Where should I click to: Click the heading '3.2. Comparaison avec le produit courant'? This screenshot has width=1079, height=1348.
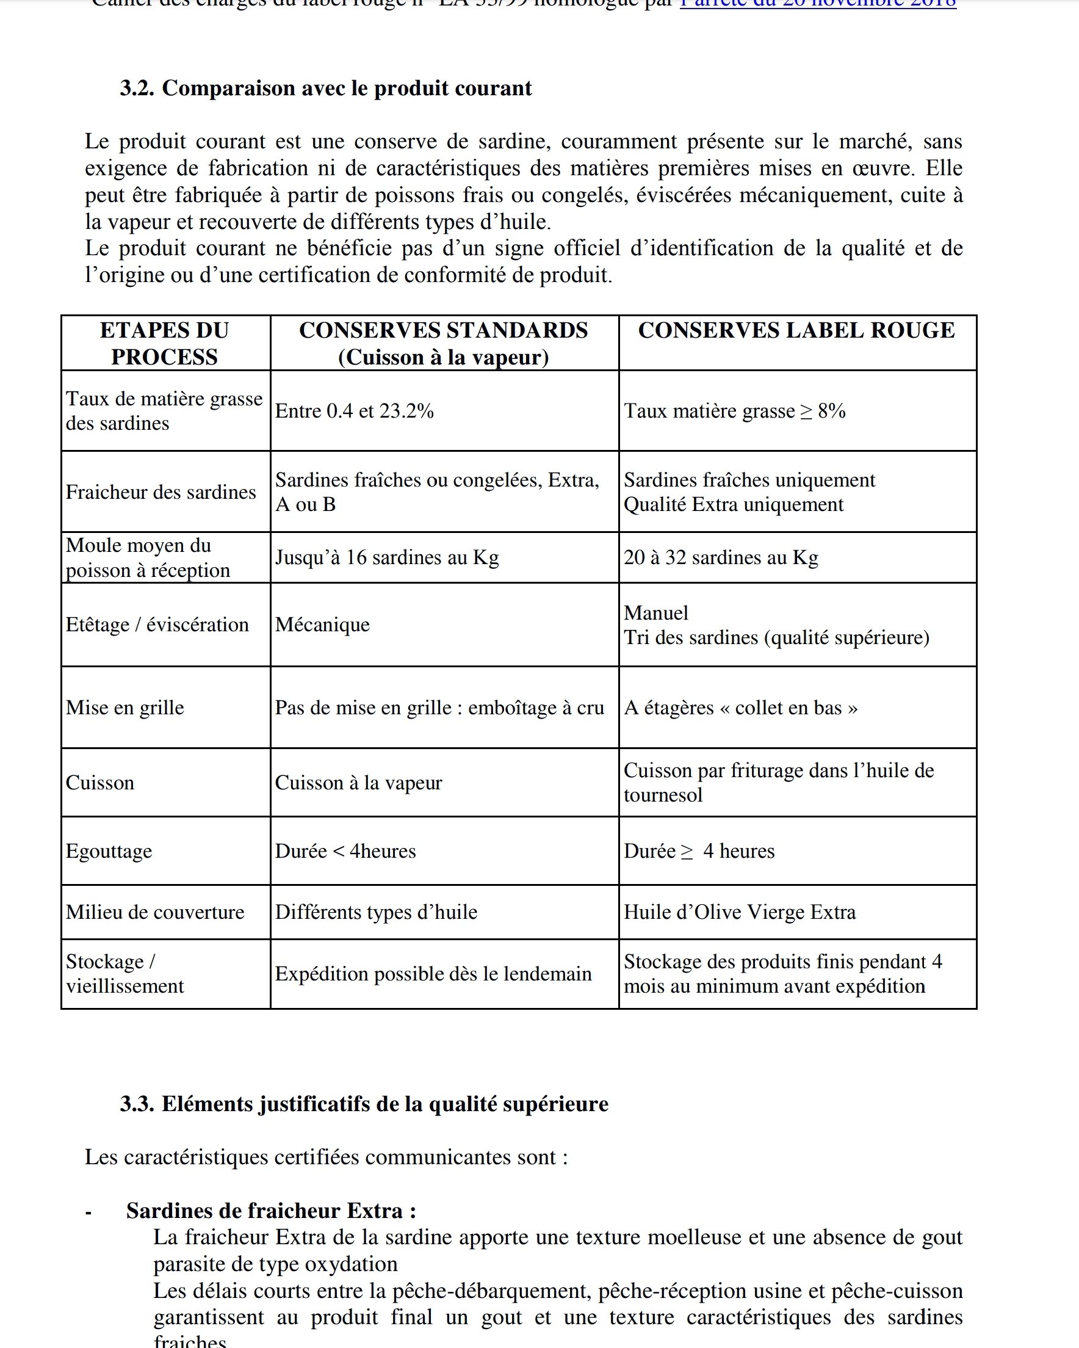tap(326, 88)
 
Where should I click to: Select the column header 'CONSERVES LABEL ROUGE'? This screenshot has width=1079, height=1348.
tap(796, 330)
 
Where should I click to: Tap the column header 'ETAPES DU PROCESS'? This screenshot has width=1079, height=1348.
tap(164, 343)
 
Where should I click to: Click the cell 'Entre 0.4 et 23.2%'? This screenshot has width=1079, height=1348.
tap(354, 411)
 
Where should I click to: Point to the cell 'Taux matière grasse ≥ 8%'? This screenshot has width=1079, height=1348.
tap(734, 411)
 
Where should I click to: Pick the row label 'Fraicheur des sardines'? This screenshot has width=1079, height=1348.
tap(161, 492)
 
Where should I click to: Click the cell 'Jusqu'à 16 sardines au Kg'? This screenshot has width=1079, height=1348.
tap(386, 557)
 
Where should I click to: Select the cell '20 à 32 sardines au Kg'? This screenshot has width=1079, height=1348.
tap(720, 557)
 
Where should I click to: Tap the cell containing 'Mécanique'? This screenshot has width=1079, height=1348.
tap(322, 625)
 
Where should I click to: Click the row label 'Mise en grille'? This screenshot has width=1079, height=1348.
tap(125, 707)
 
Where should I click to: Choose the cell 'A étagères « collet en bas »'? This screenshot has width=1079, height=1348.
tap(740, 707)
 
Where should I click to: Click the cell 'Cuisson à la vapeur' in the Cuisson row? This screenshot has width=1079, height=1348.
tap(358, 782)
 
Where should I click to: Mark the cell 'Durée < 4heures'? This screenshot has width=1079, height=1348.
tap(345, 851)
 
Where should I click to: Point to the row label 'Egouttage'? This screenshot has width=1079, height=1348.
tap(109, 851)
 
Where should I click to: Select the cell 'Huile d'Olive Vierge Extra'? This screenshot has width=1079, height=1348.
tap(739, 912)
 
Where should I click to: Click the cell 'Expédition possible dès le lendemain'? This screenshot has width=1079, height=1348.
tap(433, 974)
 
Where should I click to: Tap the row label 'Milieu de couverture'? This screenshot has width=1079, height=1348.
tap(155, 912)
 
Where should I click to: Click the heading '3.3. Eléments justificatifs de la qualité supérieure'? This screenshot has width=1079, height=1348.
tap(364, 1104)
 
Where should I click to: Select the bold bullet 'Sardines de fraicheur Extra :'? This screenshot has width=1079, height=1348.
tap(271, 1211)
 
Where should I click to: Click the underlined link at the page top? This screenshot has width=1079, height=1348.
tap(818, 4)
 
